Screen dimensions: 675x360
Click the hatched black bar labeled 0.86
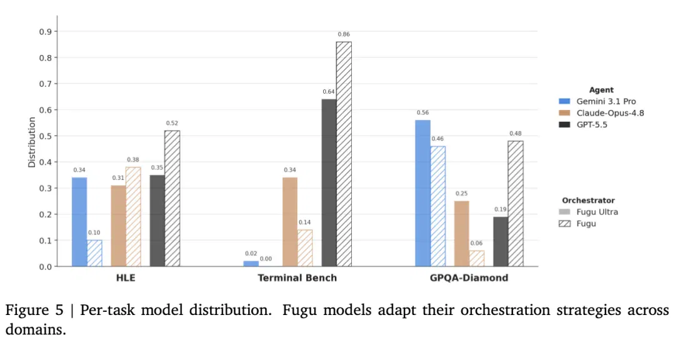point(344,154)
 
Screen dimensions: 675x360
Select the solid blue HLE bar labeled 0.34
point(79,222)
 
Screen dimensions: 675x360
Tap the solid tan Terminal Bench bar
point(290,222)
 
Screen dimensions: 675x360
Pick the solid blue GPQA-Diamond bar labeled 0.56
point(422,193)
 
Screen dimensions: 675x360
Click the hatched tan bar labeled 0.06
point(476,258)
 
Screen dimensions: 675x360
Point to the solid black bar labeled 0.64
point(329,183)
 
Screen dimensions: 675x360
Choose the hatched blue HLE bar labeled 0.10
point(95,253)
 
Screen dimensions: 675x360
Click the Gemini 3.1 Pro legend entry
point(597,101)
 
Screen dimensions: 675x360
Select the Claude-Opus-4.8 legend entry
point(601,113)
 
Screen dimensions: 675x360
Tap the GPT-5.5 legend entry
point(583,124)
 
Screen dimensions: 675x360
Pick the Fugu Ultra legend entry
point(588,212)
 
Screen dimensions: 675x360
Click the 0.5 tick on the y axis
point(45,136)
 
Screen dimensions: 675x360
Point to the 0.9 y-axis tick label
point(45,31)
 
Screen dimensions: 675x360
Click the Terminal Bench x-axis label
point(297,277)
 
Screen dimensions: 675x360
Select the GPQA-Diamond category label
point(469,277)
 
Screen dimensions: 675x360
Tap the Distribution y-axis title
point(31,142)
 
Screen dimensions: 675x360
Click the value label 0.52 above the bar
point(172,123)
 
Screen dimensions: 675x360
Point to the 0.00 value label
point(266,259)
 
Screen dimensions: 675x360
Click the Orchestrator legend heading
point(588,200)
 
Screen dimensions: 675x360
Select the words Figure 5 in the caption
point(34,310)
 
